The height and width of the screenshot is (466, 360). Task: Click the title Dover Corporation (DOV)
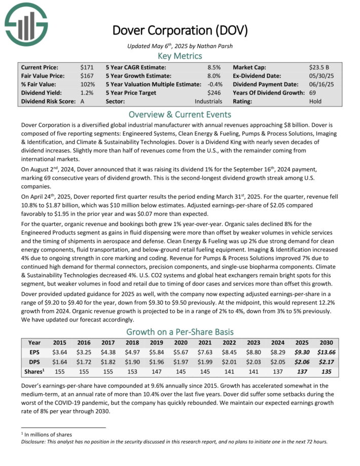(x=179, y=30)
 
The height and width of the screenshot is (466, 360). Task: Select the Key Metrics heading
(x=179, y=56)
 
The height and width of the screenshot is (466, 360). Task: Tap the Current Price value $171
(x=87, y=67)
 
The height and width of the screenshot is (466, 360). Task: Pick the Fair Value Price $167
(x=87, y=76)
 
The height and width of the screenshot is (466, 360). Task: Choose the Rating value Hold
(x=315, y=101)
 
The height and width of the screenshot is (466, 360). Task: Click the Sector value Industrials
(x=209, y=101)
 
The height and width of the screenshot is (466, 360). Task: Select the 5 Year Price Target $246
(x=215, y=93)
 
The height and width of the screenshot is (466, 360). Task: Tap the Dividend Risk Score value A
(x=83, y=101)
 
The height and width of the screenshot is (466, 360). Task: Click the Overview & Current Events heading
(x=179, y=115)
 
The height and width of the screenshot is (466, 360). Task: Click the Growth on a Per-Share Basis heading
(x=179, y=332)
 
